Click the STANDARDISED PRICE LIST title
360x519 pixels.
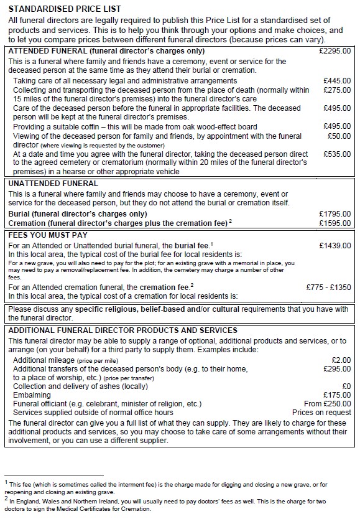[x=65, y=9]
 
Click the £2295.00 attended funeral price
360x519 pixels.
[x=335, y=50]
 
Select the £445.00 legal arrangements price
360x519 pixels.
[x=337, y=81]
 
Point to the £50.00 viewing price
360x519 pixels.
[x=339, y=136]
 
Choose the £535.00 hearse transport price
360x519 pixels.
[x=337, y=154]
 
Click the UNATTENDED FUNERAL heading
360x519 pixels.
[x=53, y=184]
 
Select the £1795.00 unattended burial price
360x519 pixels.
[x=335, y=213]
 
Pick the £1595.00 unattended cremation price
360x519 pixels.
[x=335, y=222]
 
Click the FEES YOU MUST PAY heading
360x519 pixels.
[x=48, y=235]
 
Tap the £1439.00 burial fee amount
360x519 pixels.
[x=335, y=246]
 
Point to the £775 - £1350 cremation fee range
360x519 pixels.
[x=329, y=287]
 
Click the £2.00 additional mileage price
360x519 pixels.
[x=341, y=360]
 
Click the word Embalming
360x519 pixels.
[x=32, y=395]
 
